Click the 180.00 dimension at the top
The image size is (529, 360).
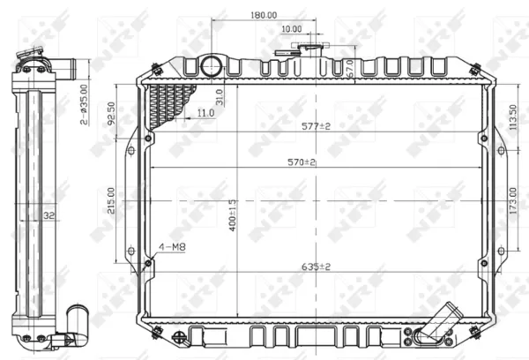[x=262, y=15]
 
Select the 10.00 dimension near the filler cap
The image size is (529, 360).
[x=291, y=29]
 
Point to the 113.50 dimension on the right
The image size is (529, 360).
[x=512, y=113]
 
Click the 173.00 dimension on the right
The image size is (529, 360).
[x=512, y=199]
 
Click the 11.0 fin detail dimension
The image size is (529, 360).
[x=205, y=113]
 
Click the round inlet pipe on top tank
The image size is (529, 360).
[x=212, y=66]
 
